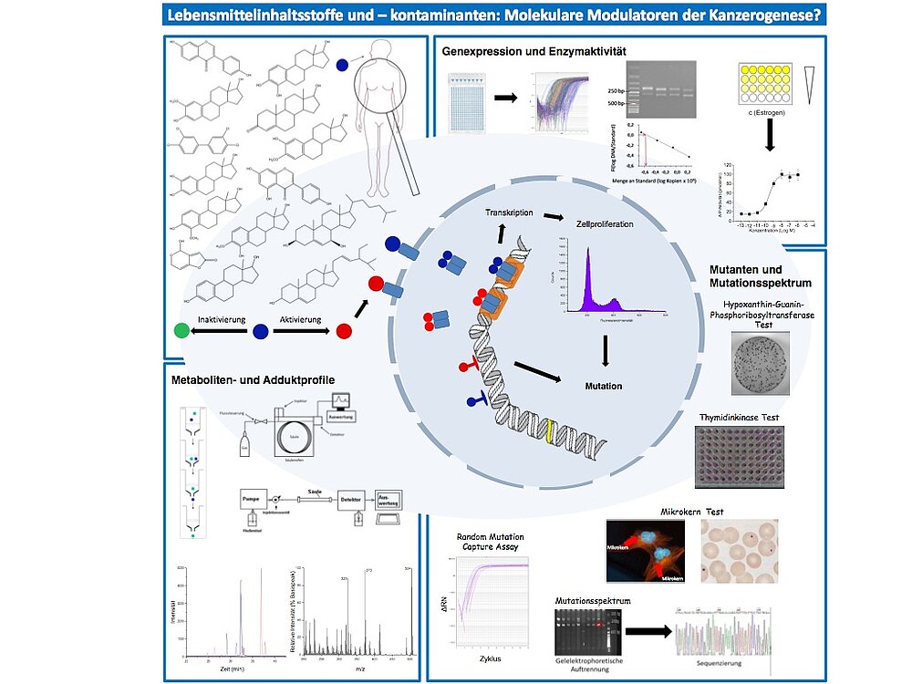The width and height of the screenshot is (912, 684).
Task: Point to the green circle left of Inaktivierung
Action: tap(182, 331)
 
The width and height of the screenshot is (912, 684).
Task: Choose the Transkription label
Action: tap(509, 212)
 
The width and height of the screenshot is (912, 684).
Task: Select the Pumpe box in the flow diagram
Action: tap(254, 499)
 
